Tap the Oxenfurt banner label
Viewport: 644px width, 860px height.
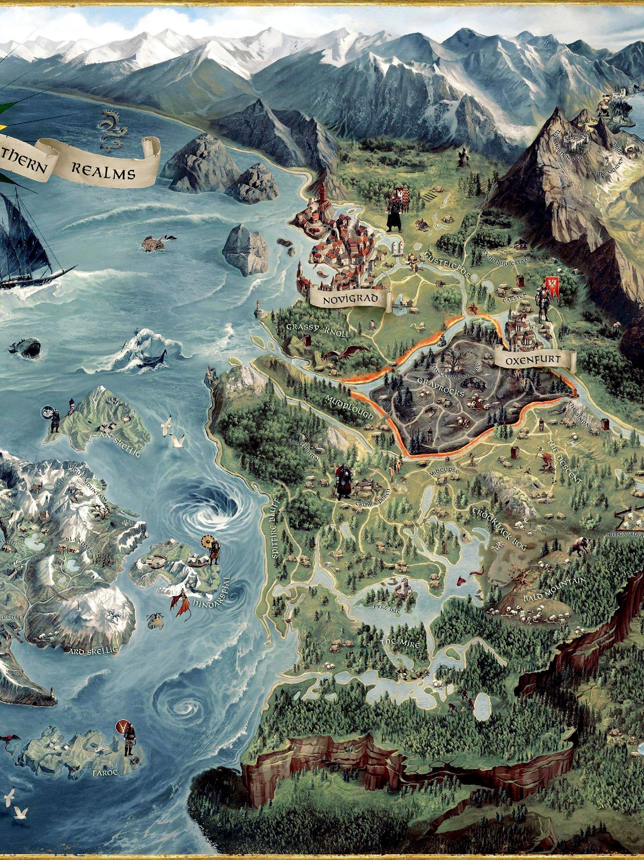coord(534,360)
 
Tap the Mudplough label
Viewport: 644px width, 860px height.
coord(349,407)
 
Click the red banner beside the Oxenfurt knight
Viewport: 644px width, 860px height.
coord(552,288)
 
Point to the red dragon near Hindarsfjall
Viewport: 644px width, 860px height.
coord(180,602)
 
